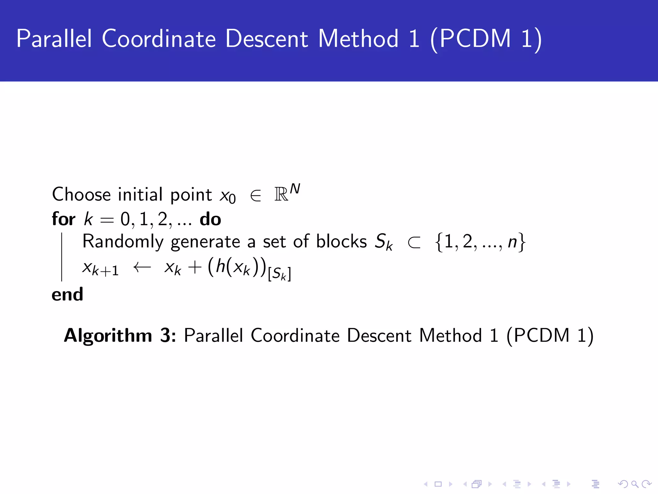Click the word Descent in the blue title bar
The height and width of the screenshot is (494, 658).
(266, 39)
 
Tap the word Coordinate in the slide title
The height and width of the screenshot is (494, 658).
(159, 39)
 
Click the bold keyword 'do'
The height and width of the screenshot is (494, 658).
(210, 219)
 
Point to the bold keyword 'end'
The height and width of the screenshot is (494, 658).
(67, 294)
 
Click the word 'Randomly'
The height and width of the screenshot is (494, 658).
(123, 242)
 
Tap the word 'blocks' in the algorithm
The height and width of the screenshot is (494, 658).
(341, 241)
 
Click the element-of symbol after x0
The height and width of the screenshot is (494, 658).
(255, 195)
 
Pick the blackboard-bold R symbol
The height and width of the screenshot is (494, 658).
(281, 195)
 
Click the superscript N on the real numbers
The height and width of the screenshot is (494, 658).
(295, 189)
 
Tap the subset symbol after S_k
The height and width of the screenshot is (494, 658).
(414, 243)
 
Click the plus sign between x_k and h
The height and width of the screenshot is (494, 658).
(195, 267)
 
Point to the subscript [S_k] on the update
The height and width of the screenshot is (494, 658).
(280, 274)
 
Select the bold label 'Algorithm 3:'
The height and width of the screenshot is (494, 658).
(120, 335)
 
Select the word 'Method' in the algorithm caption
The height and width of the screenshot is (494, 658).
(450, 335)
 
